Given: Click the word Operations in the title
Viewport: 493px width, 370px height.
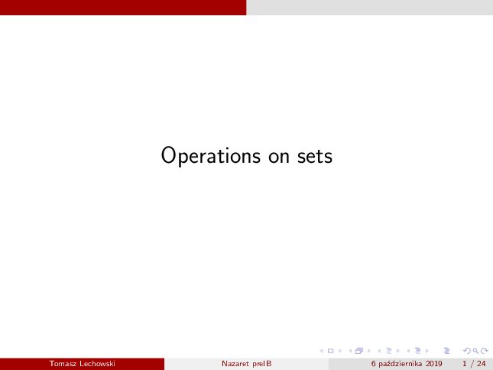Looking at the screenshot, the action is (x=211, y=156).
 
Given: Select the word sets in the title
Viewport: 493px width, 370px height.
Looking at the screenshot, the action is (x=315, y=157).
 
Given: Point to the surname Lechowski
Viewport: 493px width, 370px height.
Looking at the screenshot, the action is (x=97, y=364).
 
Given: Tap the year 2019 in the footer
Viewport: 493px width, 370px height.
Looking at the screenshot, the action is (x=434, y=364).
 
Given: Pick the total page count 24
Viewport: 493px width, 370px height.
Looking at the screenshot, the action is (x=482, y=364).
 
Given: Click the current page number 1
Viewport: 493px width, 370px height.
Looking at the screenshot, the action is (x=465, y=364).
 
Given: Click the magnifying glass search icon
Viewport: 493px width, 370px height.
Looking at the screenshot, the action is (x=475, y=351).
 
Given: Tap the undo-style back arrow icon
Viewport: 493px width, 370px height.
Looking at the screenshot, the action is (x=468, y=351).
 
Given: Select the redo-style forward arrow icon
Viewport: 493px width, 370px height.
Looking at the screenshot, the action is (x=485, y=351).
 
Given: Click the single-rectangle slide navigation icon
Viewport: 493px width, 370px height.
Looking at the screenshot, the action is (x=330, y=351).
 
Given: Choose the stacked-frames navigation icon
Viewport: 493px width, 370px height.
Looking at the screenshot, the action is (x=359, y=351).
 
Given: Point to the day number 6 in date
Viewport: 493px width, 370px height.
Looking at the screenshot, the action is (x=374, y=364).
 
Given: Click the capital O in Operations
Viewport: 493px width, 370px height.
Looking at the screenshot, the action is (x=168, y=155).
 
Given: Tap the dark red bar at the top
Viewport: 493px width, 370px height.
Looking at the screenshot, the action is (x=123, y=7).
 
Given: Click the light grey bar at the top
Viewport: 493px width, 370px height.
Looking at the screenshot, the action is (x=369, y=7).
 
